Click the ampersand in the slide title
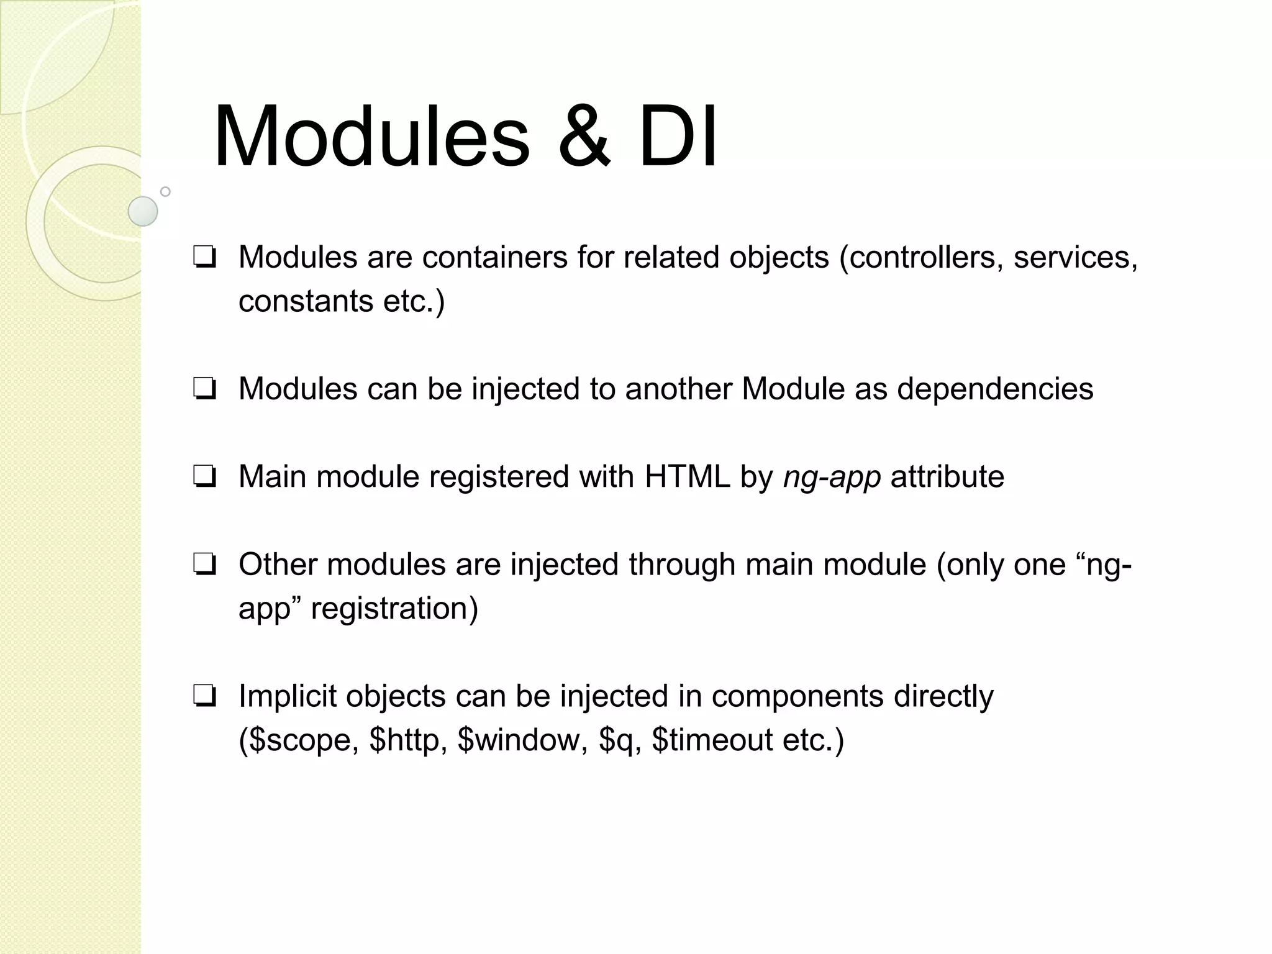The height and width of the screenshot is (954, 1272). (x=584, y=137)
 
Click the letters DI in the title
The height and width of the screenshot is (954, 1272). (x=678, y=137)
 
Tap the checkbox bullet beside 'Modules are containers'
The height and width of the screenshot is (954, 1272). (x=204, y=258)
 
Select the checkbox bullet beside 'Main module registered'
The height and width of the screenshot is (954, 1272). (x=204, y=478)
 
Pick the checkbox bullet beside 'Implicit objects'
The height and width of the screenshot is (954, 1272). (x=204, y=697)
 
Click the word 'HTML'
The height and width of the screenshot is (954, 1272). (x=687, y=477)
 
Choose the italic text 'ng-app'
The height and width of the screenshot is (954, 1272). (x=832, y=478)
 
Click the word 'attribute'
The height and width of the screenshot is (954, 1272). (x=947, y=477)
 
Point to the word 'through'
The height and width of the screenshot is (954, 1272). (x=681, y=565)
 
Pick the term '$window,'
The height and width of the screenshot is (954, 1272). (x=522, y=740)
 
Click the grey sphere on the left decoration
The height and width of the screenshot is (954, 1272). (x=143, y=211)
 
